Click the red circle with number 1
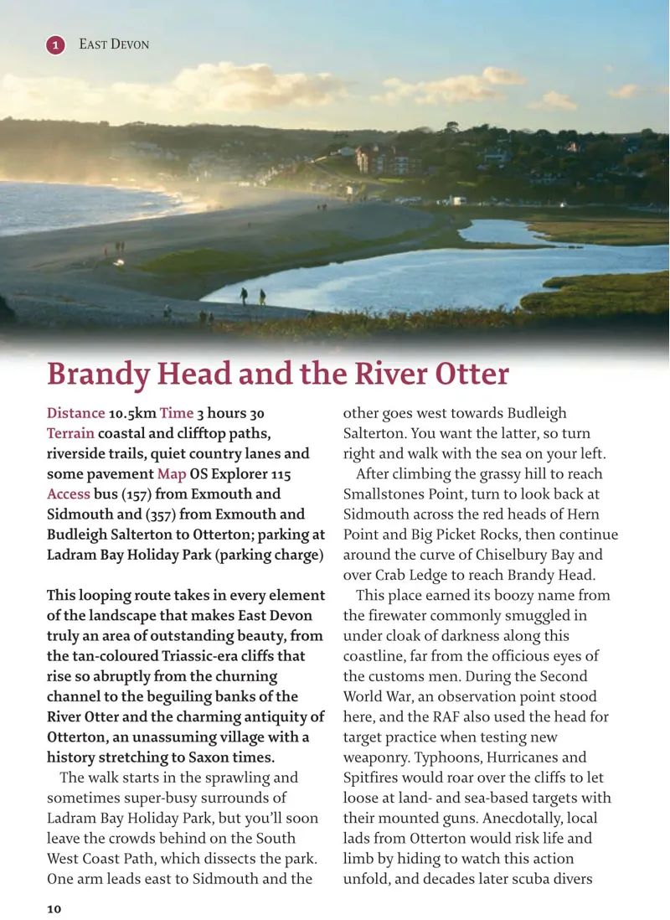point(55,45)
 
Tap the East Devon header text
point(113,45)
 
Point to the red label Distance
point(75,413)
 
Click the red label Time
point(177,413)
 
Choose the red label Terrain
point(70,433)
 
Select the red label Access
point(69,494)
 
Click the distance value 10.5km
point(132,413)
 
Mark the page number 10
point(54,908)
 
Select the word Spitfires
point(374,777)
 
